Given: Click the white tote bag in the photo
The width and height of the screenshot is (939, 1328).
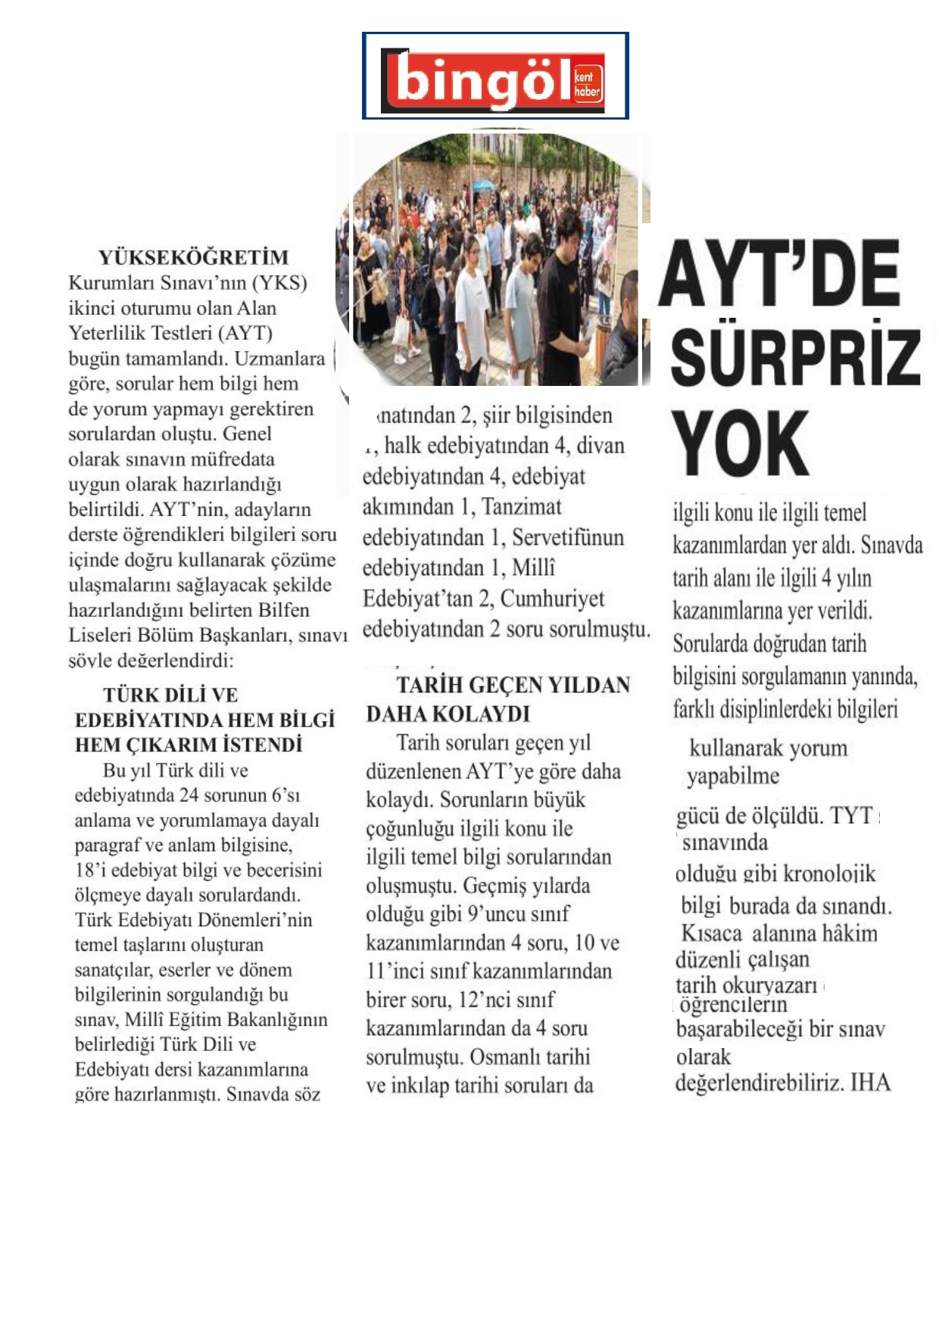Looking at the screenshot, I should tap(401, 329).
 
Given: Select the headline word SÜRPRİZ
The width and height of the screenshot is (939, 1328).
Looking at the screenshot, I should tap(795, 357).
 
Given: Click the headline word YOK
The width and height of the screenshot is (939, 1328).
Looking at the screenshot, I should tap(740, 443).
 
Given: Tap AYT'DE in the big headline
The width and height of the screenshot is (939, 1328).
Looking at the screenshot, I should tap(779, 273).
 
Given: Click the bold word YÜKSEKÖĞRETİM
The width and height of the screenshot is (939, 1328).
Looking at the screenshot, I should tap(193, 257).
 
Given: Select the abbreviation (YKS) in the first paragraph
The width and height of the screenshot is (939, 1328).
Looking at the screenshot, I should tap(279, 283).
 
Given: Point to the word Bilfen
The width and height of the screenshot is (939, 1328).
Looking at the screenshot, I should tap(283, 610).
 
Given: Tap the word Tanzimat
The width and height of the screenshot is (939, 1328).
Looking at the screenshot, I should tap(522, 506).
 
